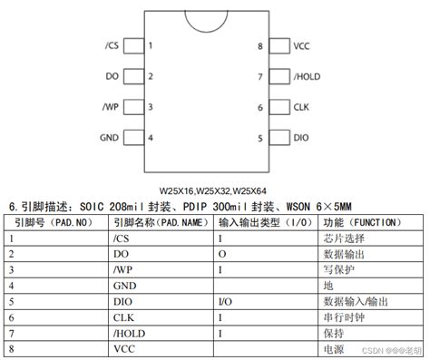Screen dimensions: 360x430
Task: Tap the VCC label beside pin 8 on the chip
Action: [302, 45]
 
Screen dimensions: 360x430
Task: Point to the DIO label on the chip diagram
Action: [301, 138]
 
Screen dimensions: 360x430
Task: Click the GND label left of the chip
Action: [108, 138]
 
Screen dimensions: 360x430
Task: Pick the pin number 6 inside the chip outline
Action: [259, 107]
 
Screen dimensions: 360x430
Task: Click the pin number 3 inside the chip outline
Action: [150, 107]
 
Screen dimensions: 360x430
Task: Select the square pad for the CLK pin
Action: [279, 107]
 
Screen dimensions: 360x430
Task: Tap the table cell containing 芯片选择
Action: [341, 238]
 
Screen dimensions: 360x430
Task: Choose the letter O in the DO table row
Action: [222, 254]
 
